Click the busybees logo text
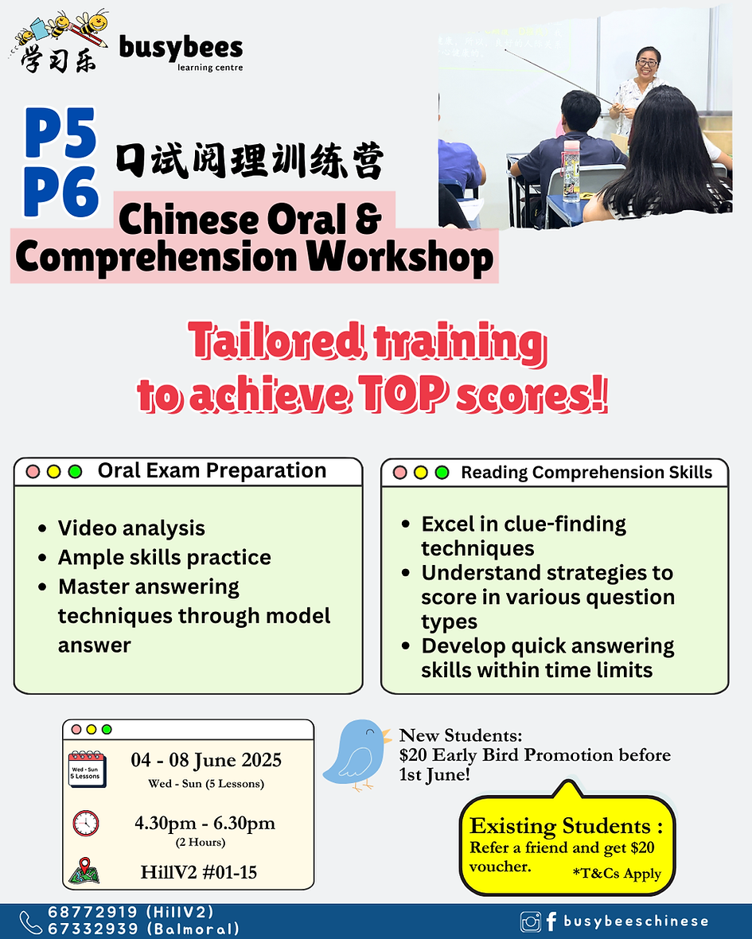181,49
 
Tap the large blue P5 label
61,134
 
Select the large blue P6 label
61,191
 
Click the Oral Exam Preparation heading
212,470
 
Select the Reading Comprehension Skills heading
586,473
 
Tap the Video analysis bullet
131,528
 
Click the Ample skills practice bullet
164,558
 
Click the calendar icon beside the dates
86,769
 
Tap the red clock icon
86,823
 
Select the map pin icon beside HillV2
85,871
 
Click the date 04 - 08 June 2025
206,760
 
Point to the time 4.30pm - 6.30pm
205,823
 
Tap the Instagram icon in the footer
530,921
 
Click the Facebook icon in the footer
551,921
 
